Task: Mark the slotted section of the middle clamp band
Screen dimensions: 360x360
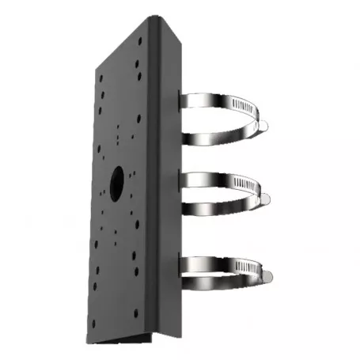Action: coord(237,184)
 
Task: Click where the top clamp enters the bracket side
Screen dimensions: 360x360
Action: coord(183,103)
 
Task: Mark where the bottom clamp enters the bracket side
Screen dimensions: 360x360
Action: coord(183,261)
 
